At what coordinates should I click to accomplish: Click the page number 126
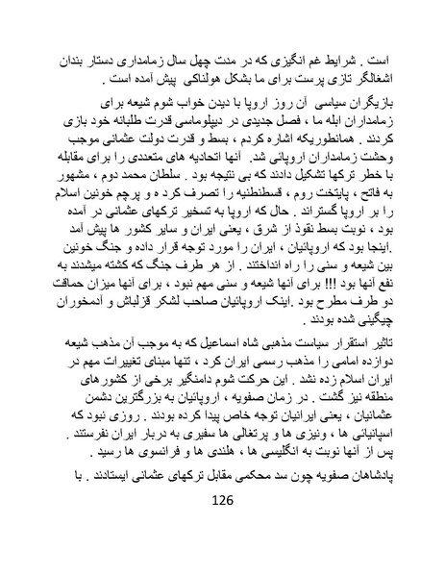tap(222, 527)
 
